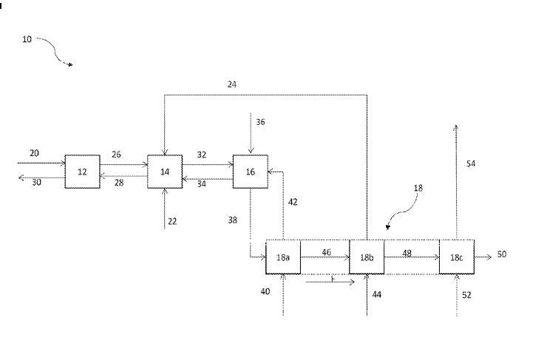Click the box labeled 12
tap(82, 171)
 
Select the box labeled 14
tap(164, 171)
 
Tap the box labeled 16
tap(250, 171)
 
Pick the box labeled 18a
tap(283, 257)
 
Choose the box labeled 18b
tap(367, 257)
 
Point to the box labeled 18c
tap(457, 257)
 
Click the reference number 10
tap(27, 40)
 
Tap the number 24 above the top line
tap(232, 84)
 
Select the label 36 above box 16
tap(259, 121)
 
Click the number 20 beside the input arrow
tap(34, 153)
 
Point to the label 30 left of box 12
tap(36, 182)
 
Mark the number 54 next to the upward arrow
tap(471, 163)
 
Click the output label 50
tap(502, 254)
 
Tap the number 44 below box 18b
tap(377, 294)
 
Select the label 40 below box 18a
tap(265, 291)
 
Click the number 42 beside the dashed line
tap(293, 201)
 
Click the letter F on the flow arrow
tap(333, 280)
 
